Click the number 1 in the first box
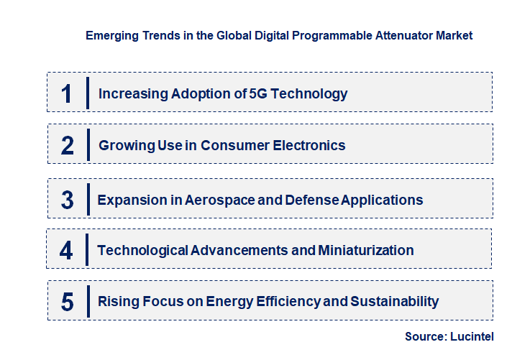click(67, 93)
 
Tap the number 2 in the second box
click(68, 146)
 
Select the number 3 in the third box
click(67, 200)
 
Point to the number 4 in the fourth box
click(66, 251)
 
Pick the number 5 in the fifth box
click(67, 302)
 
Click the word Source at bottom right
click(426, 336)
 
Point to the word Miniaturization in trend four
click(365, 251)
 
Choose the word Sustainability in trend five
click(395, 302)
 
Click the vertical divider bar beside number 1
click(87, 93)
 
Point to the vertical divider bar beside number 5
click(87, 301)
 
